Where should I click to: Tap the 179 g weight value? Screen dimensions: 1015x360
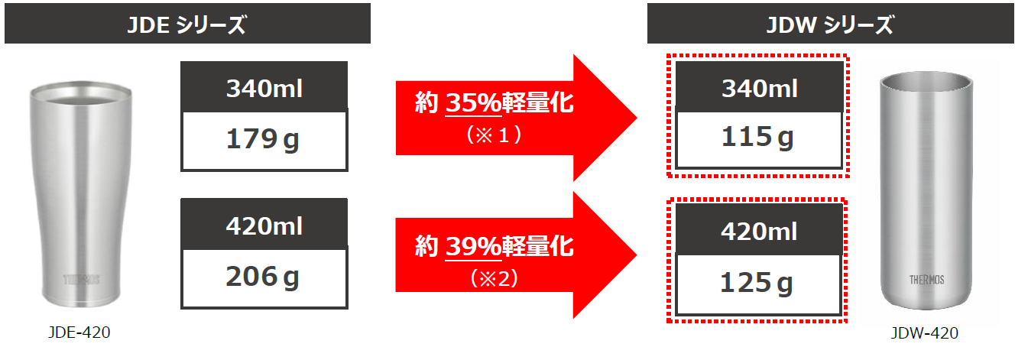point(264,139)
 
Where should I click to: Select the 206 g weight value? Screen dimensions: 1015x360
point(264,277)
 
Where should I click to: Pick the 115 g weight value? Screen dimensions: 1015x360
point(758,138)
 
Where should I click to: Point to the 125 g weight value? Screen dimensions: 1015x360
point(758,284)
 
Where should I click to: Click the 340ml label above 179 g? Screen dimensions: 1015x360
point(264,89)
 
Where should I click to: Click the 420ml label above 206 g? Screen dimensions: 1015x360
point(264,226)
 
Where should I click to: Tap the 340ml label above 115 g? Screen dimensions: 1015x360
point(759,89)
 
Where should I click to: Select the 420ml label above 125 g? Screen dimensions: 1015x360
point(759,232)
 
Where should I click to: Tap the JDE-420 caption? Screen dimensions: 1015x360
point(79,332)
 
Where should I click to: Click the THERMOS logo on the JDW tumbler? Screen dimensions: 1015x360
point(926,280)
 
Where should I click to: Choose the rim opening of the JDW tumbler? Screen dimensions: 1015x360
point(928,80)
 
